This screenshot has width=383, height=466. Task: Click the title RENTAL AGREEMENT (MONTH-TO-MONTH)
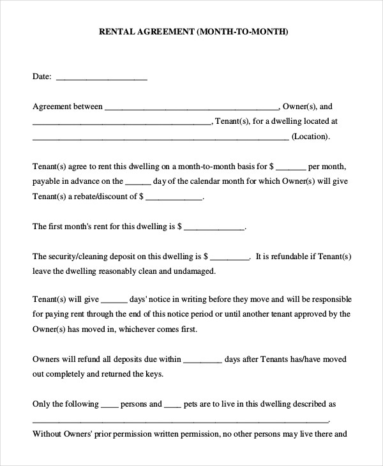tap(192, 31)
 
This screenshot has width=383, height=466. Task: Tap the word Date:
tap(41, 77)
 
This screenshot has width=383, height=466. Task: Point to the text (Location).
tap(310, 137)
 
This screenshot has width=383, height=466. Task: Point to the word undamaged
tap(195, 271)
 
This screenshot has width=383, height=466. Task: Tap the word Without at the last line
tap(46, 434)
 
